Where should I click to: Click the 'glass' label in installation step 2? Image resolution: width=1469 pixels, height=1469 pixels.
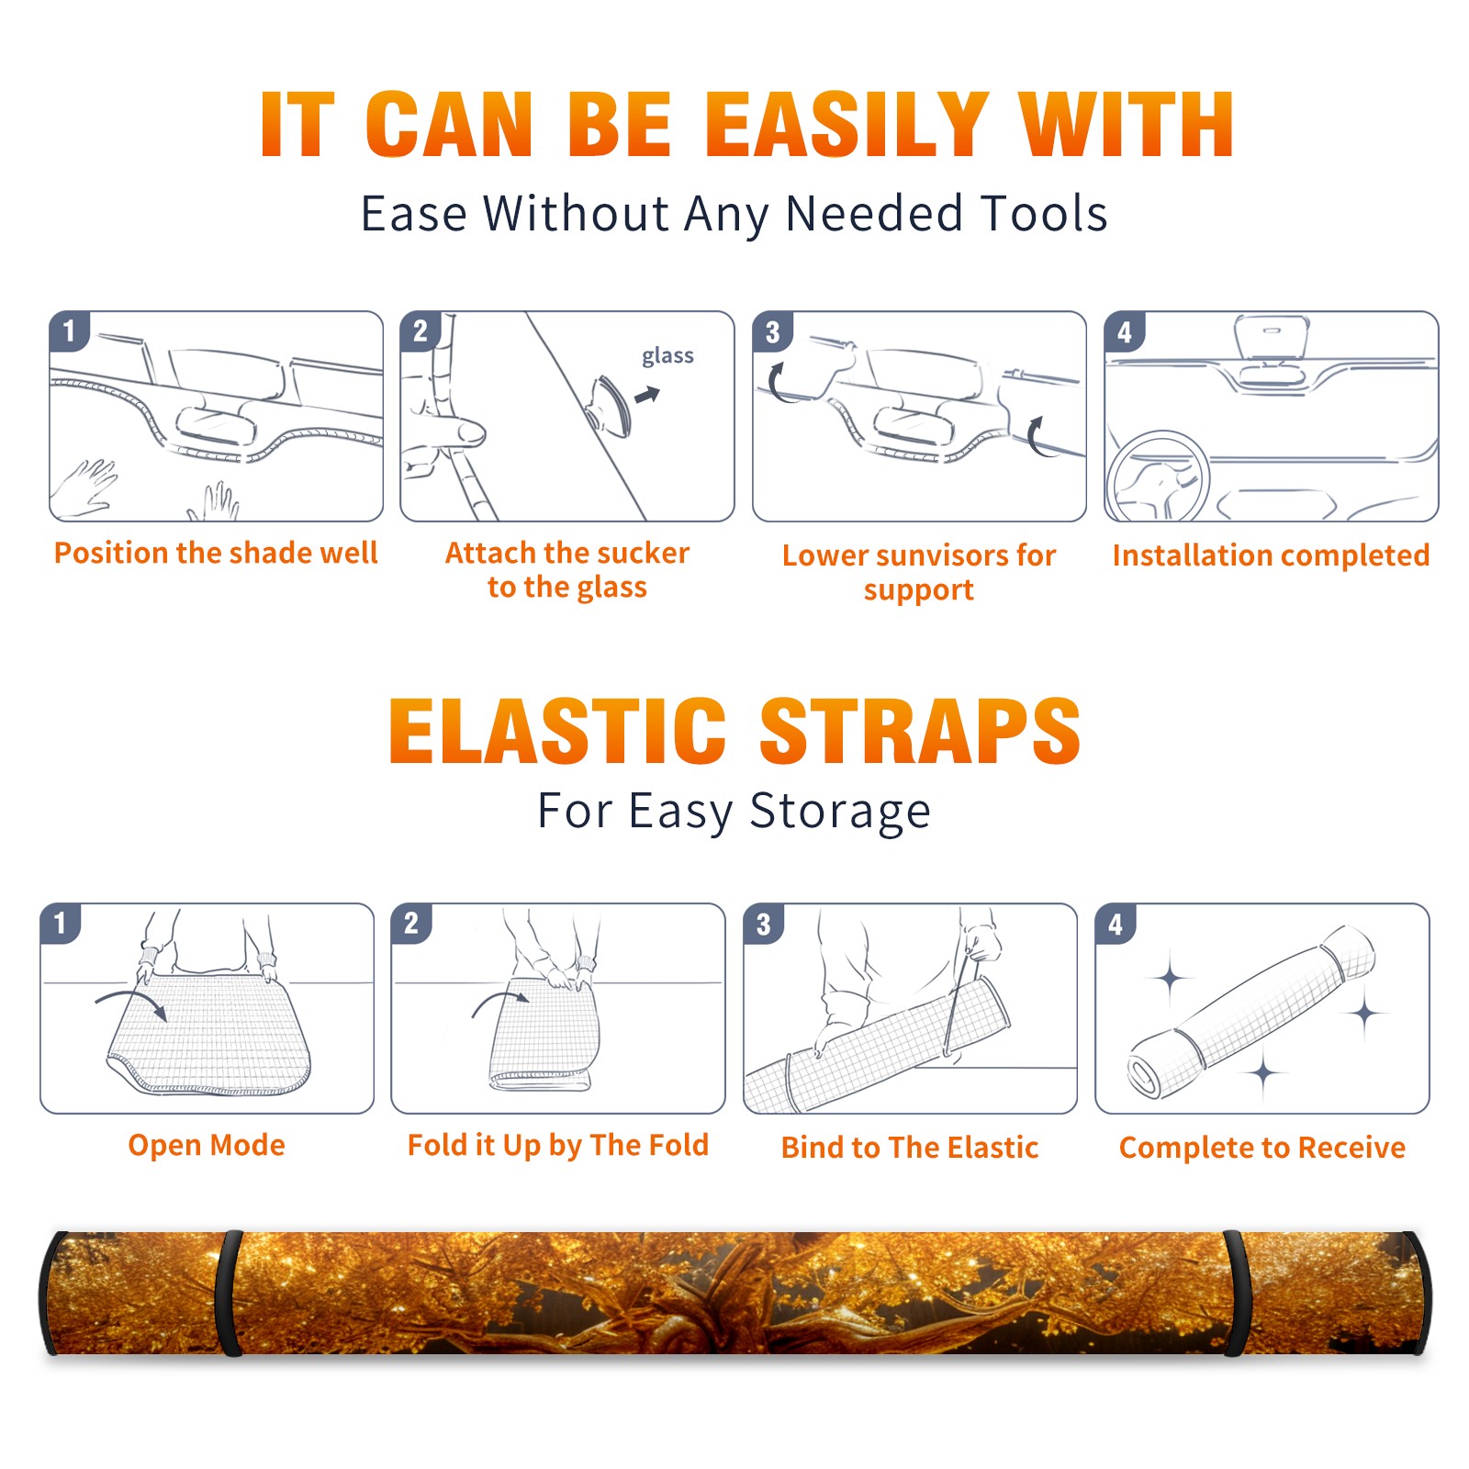(667, 356)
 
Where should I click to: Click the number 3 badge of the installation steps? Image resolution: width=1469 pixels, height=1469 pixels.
(772, 331)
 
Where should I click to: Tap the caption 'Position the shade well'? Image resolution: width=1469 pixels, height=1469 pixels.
(216, 553)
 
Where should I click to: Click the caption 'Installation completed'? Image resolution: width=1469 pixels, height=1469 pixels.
(1271, 555)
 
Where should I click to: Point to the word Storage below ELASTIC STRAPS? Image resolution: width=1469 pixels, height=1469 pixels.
(840, 812)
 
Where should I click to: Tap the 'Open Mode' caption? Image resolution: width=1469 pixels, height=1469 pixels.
(207, 1145)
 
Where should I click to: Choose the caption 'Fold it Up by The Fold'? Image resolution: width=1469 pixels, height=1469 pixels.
(558, 1145)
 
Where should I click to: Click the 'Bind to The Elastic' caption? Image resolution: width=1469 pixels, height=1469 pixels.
(910, 1148)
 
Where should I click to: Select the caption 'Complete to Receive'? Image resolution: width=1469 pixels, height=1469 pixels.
(1262, 1148)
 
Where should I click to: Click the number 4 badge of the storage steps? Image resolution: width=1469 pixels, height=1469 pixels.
(1116, 924)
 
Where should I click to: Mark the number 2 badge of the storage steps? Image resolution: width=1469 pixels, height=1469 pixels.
(411, 924)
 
